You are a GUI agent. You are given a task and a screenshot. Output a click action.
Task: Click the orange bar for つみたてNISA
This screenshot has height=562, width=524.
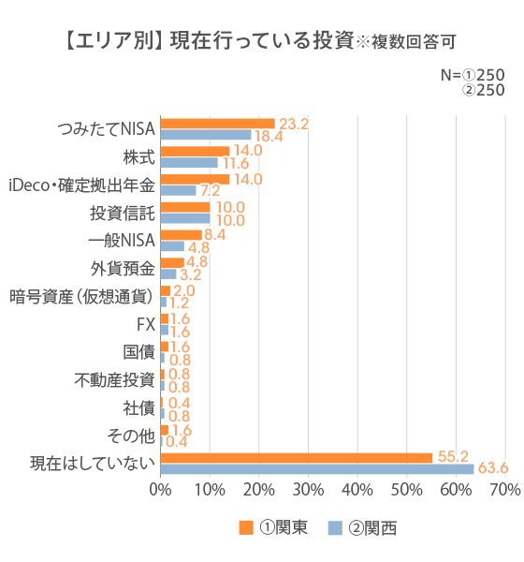(217, 124)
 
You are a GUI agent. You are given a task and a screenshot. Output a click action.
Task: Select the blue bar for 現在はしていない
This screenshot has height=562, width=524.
(316, 468)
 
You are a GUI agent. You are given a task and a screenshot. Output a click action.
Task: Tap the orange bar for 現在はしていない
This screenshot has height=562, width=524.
(296, 458)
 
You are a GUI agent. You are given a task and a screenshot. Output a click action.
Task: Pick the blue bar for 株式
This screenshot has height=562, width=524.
(189, 163)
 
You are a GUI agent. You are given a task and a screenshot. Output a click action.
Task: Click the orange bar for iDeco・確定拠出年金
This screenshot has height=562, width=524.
(195, 179)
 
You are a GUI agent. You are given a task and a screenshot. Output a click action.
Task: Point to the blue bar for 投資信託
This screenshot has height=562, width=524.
(185, 218)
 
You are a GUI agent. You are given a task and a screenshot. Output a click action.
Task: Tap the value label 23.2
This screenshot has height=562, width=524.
(292, 123)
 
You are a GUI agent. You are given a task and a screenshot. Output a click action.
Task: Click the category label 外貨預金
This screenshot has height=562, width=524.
(123, 269)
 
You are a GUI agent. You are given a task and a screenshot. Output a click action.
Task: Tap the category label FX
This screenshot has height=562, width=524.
(145, 325)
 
